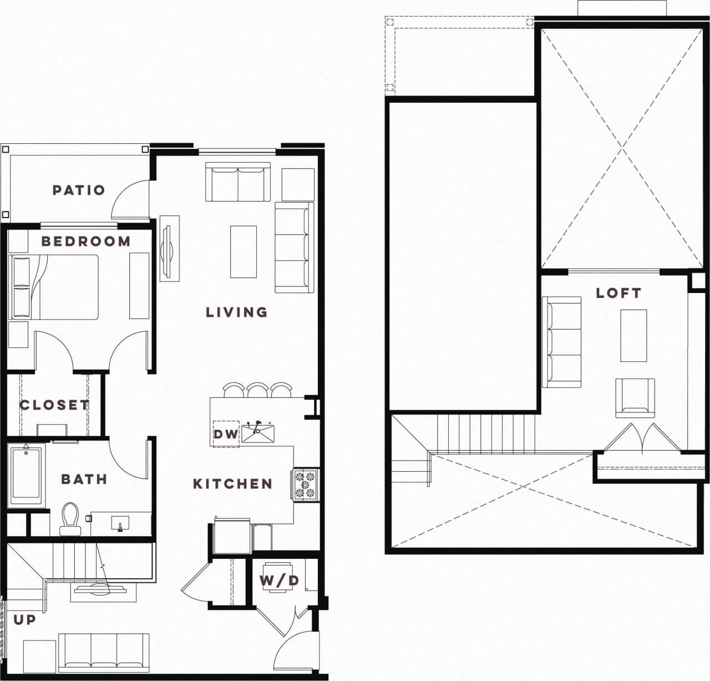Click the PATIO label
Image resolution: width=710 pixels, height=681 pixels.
[79, 190]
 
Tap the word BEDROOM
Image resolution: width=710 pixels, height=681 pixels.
[86, 241]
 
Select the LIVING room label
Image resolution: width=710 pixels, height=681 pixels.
[237, 312]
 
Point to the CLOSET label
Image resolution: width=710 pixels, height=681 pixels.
[54, 405]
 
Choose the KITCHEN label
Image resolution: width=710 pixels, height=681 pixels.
[232, 484]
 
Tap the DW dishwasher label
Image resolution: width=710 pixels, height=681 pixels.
[225, 434]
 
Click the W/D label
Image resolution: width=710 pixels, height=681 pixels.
[279, 581]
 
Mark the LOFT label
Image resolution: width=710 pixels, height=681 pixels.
[618, 293]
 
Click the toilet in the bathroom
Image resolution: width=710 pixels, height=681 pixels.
[70, 519]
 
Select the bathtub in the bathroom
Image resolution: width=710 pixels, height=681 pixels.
[26, 475]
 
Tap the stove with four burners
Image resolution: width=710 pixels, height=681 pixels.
[305, 483]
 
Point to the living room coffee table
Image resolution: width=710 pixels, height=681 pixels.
[244, 251]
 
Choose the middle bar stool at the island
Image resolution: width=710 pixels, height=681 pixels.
[258, 390]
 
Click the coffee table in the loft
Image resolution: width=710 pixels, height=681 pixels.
[633, 335]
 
